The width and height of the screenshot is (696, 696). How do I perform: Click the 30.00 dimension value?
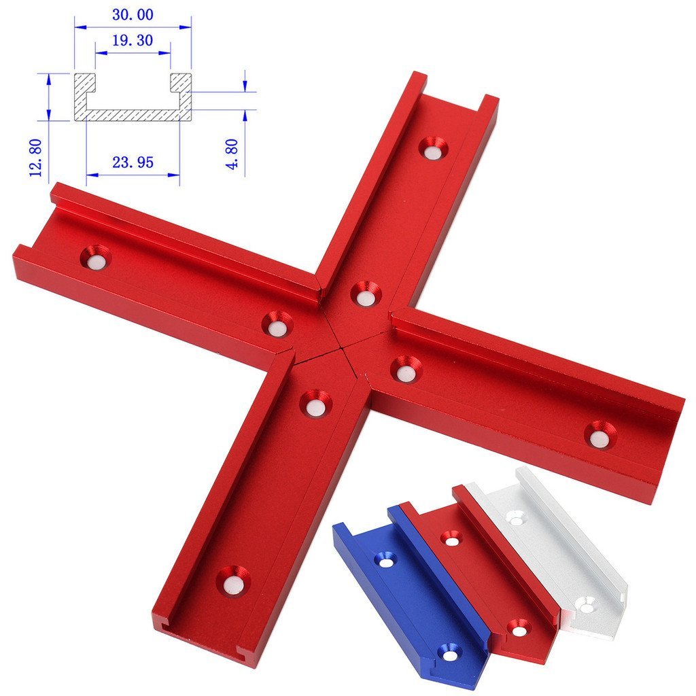(x=133, y=14)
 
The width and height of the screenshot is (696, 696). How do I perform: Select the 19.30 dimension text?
(x=133, y=41)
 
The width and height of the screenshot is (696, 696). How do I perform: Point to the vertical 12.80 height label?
(x=37, y=157)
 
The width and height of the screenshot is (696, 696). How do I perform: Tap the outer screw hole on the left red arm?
(x=96, y=258)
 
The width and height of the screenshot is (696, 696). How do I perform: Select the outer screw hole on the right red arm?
(x=599, y=435)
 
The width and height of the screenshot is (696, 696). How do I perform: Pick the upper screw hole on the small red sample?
(x=450, y=538)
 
